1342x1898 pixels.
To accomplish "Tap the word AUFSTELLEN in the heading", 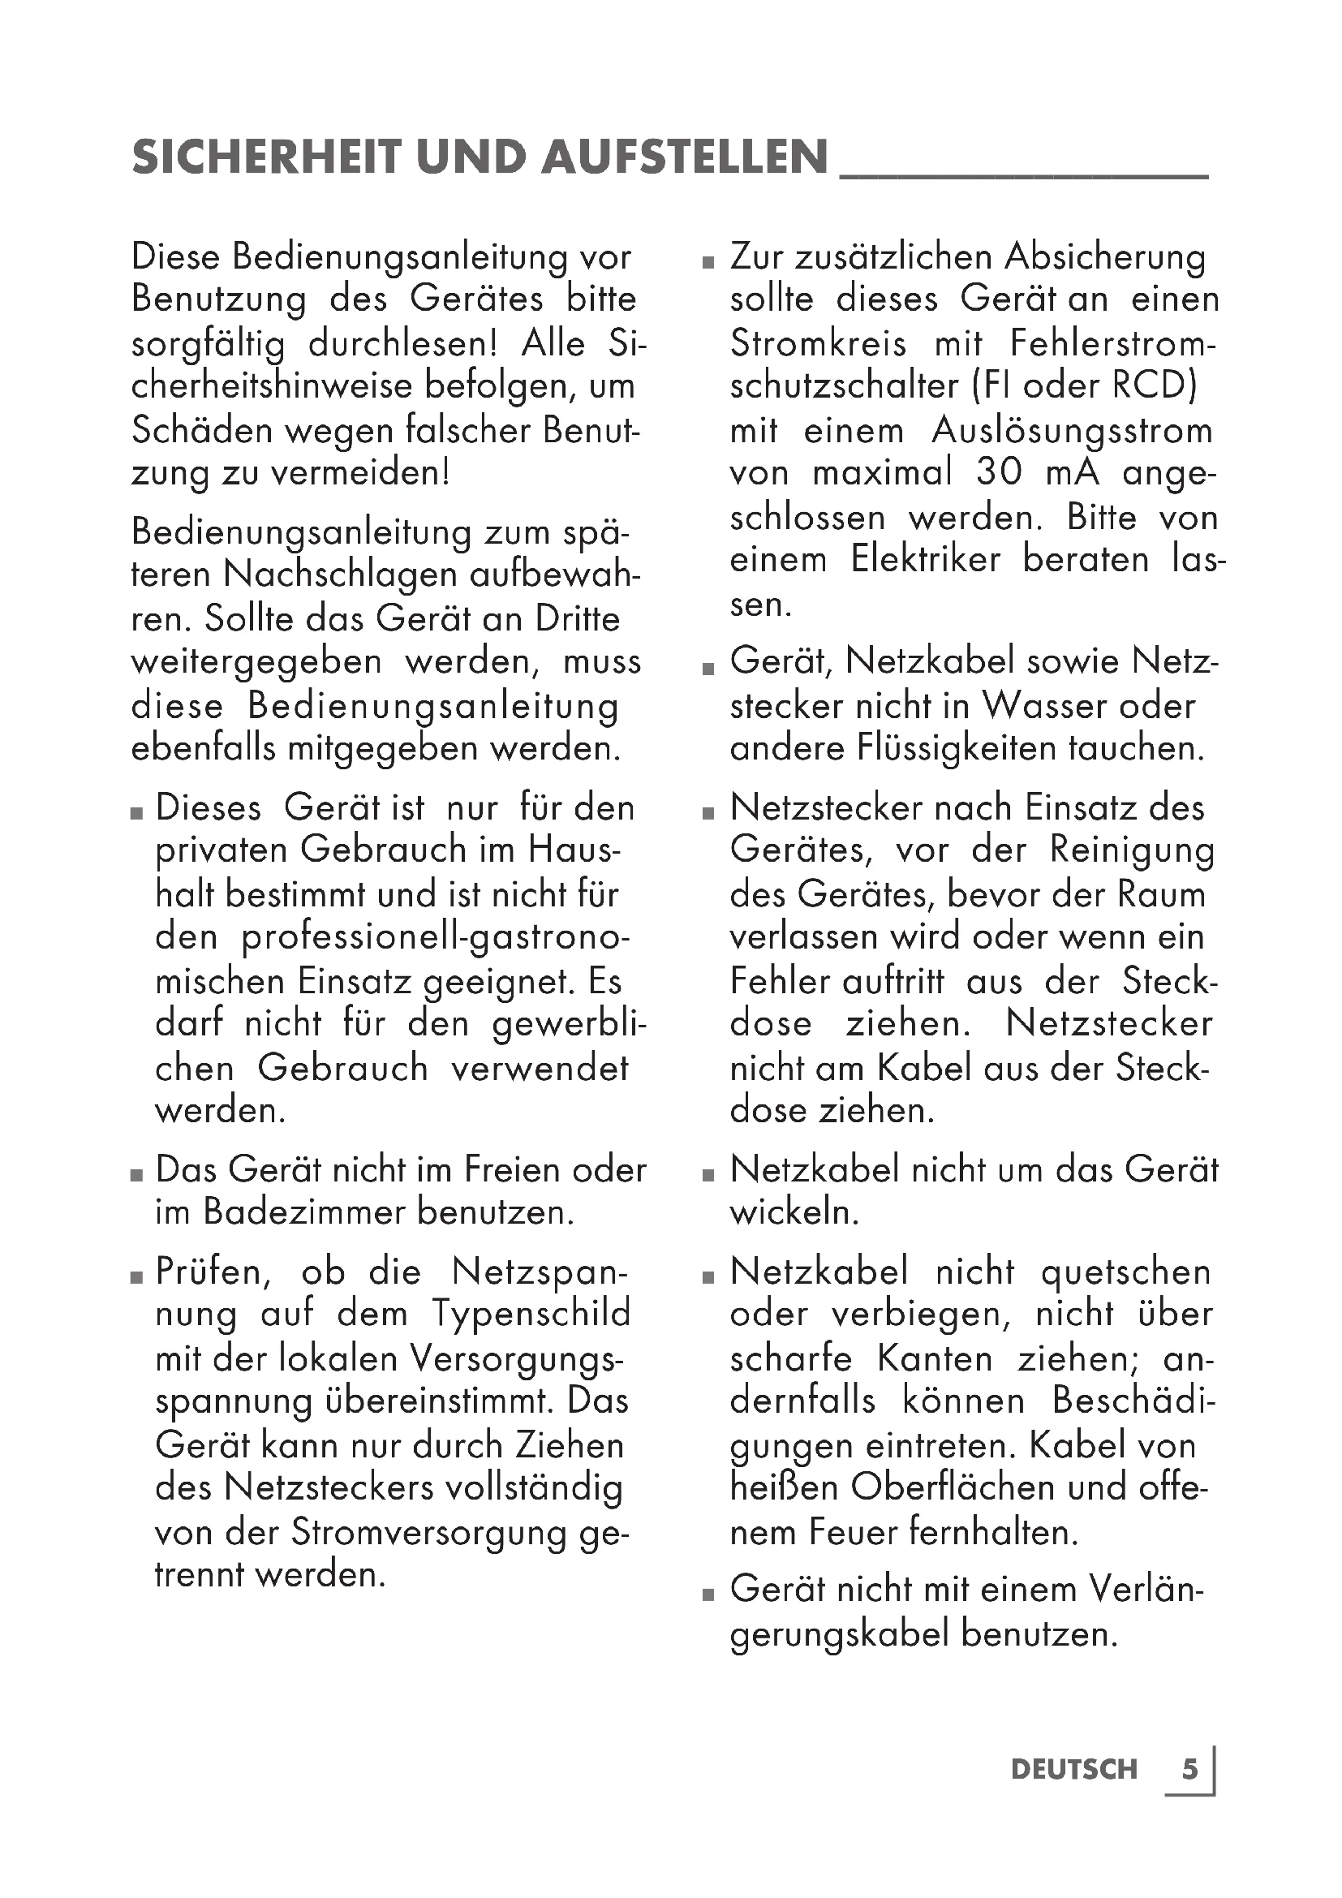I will (x=685, y=157).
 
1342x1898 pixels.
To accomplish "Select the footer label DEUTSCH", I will (x=1073, y=1770).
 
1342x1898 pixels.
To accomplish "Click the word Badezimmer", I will (x=305, y=1212).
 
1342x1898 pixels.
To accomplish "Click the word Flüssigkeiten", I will (x=957, y=748).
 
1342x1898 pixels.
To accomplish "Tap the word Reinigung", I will (x=1132, y=850).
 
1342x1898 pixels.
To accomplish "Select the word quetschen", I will (x=1125, y=1272).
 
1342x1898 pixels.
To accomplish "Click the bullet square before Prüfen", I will (x=137, y=1277).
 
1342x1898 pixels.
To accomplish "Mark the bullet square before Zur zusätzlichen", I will (x=708, y=263).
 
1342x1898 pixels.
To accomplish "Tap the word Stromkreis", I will (x=817, y=343).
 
